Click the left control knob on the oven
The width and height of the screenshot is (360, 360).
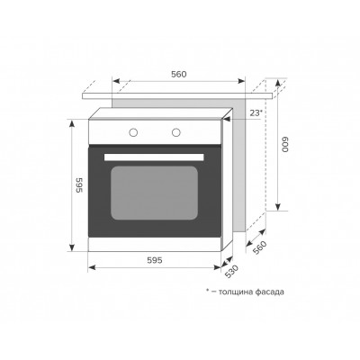133,132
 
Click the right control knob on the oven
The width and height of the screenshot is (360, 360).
176,132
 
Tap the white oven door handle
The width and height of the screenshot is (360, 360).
154,157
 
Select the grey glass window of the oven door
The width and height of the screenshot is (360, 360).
154,193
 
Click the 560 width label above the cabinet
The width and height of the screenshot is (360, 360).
179,74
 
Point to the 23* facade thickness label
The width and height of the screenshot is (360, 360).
256,112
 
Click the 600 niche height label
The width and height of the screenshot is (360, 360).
284,145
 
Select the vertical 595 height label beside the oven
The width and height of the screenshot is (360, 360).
79,185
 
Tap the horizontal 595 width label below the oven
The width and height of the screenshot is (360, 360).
155,260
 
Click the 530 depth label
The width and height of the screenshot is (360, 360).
231,271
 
